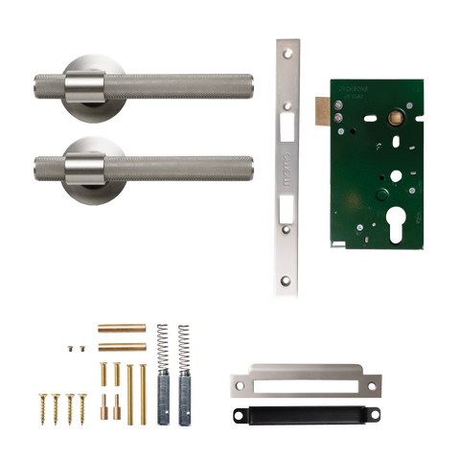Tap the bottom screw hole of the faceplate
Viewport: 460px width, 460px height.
[287, 281]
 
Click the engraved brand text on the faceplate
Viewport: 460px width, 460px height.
[287, 157]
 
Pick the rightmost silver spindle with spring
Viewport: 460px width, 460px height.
[183, 374]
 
